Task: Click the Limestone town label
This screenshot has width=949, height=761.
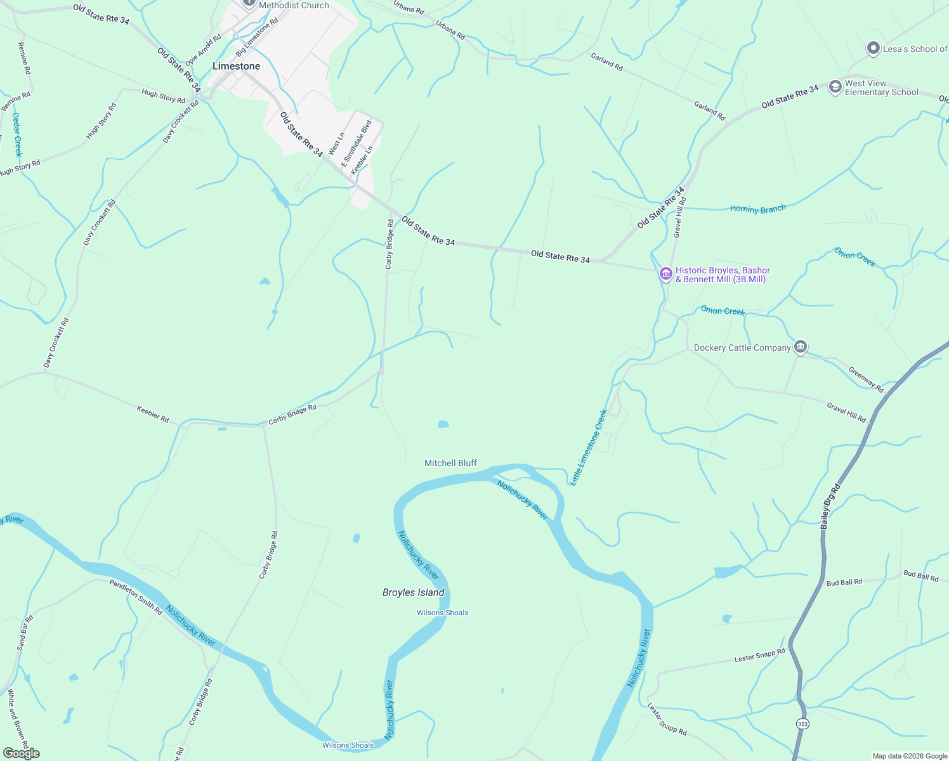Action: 236,67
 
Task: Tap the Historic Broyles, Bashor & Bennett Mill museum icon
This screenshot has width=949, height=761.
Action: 665,274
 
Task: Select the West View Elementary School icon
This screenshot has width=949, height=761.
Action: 835,87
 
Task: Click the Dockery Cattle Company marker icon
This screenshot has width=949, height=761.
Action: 801,347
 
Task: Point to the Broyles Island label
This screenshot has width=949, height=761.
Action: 413,593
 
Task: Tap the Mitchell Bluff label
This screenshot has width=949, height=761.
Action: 450,464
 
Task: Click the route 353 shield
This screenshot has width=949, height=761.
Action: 802,724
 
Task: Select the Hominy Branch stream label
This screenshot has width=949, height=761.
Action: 757,209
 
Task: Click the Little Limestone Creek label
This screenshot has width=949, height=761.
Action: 589,448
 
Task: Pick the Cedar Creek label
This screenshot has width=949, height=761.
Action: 17,134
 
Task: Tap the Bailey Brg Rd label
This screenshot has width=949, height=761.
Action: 830,506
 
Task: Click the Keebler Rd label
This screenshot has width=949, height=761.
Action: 153,415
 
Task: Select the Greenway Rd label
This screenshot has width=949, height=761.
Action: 866,379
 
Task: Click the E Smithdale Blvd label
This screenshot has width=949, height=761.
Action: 356,143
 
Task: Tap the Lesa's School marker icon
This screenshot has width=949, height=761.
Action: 873,48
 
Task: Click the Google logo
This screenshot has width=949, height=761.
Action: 21,753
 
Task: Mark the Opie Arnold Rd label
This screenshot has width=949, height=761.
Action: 203,50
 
